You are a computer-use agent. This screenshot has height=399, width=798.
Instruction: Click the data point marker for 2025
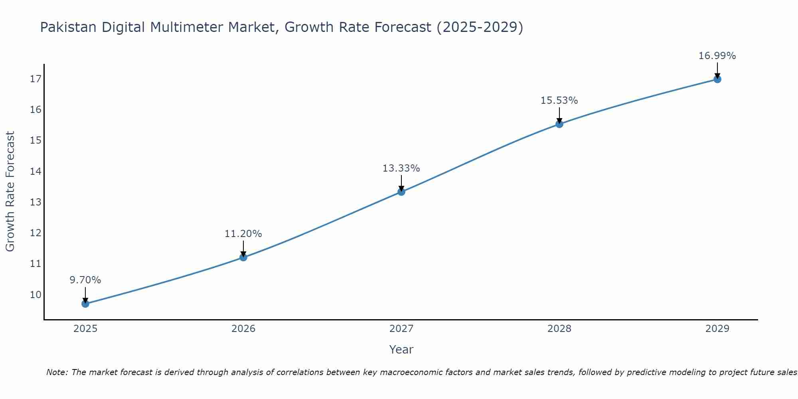click(x=85, y=304)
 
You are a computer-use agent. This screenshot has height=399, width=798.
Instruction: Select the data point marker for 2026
click(x=243, y=257)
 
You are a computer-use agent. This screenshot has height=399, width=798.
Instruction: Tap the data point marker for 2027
click(x=401, y=192)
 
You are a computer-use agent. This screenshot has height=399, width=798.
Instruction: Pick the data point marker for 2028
click(x=559, y=124)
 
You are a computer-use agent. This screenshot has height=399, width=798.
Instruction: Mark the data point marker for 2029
click(x=717, y=79)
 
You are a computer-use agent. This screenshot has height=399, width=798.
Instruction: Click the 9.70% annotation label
click(x=85, y=280)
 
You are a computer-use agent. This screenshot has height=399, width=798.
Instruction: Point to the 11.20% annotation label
click(x=243, y=234)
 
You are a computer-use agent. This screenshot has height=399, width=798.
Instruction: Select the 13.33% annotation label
click(x=401, y=168)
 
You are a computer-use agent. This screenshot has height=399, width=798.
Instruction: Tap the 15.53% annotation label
click(x=559, y=101)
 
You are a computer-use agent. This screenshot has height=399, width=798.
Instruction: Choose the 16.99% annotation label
click(x=717, y=56)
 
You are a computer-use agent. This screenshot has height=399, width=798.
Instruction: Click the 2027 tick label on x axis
click(x=401, y=329)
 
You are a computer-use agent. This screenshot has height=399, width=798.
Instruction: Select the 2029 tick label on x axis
click(x=717, y=329)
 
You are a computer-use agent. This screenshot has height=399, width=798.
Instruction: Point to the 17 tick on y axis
click(x=36, y=79)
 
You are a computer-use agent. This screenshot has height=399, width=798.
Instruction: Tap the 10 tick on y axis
click(x=36, y=295)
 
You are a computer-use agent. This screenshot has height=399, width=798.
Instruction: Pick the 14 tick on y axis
click(x=36, y=172)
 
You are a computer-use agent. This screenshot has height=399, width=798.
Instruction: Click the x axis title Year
click(x=401, y=350)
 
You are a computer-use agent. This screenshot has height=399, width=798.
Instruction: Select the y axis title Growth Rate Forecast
click(x=10, y=192)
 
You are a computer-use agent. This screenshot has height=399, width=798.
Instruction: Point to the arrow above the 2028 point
click(x=559, y=115)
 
